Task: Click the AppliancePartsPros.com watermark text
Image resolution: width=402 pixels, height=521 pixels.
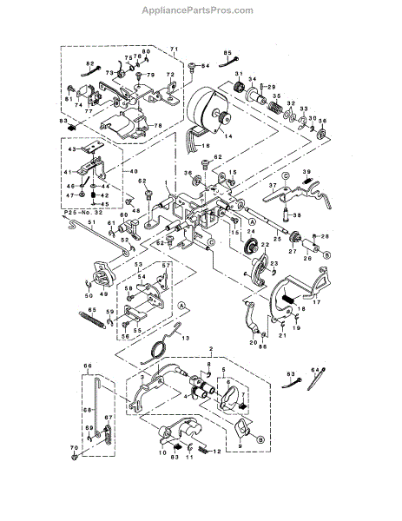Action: (201, 10)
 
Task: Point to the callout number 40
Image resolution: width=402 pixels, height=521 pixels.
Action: (134, 171)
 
